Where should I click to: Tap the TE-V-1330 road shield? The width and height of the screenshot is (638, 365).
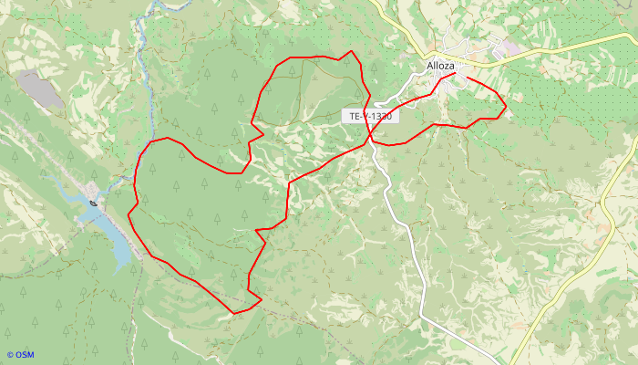pos(370,117)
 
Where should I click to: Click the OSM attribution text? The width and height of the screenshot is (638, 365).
pos(20,355)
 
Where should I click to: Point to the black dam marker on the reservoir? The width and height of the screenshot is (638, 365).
pos(95,202)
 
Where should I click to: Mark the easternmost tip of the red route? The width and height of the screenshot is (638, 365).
pos(506,109)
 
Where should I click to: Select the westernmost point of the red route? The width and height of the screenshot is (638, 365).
pos(129,214)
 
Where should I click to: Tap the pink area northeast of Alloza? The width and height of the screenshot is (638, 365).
pos(511,47)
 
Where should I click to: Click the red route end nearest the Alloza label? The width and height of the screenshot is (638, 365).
pos(455,74)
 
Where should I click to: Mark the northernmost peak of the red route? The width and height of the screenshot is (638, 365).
pos(352,52)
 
